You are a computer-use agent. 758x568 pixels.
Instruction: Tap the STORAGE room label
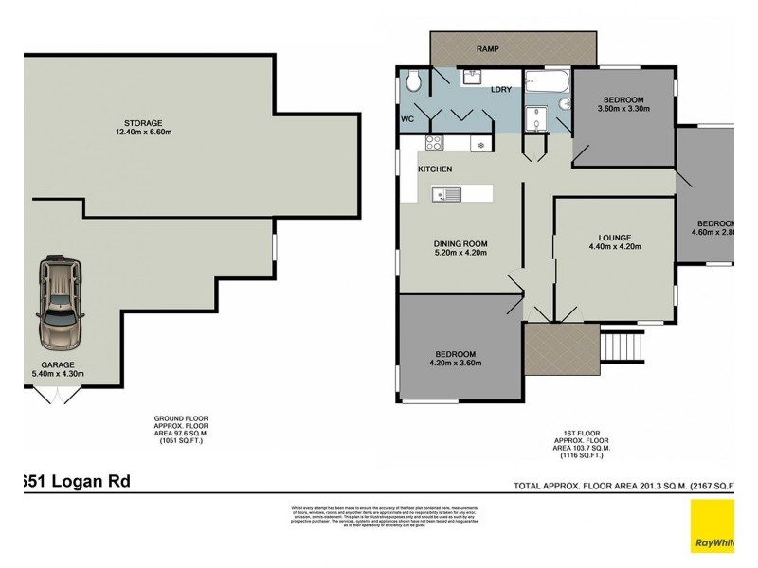[142, 123]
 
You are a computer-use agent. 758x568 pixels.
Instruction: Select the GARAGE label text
[57, 364]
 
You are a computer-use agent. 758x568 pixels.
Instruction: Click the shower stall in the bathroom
[544, 118]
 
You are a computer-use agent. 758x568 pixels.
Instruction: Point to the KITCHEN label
[435, 169]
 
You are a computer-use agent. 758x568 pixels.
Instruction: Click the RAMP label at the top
[488, 49]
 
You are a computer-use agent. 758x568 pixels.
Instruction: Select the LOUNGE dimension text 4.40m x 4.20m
[614, 247]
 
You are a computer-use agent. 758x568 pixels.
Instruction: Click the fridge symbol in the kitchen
[480, 144]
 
